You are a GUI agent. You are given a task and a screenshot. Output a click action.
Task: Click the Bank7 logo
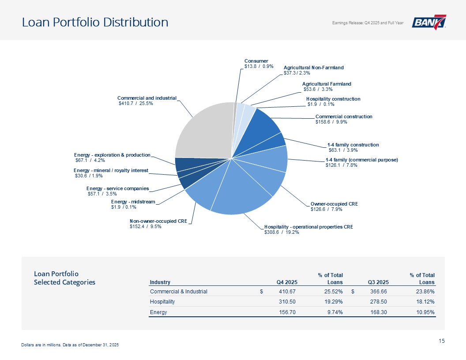(428, 22)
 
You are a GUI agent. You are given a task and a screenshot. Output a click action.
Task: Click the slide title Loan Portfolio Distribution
(95, 22)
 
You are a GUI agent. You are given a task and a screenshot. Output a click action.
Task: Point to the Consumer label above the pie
(256, 61)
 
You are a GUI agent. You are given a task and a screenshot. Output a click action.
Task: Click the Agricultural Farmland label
(327, 83)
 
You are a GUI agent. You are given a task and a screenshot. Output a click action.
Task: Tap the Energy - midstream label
(133, 202)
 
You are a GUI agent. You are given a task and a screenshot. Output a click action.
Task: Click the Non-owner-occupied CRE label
(158, 221)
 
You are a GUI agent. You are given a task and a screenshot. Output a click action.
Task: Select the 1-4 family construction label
(353, 144)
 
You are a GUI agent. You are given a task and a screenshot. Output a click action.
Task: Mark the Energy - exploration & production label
(112, 155)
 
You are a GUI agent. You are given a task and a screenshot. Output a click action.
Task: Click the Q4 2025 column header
(287, 282)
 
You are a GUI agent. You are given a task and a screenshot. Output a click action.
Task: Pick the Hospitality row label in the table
(162, 302)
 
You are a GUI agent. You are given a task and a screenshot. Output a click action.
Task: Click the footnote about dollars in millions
(70, 345)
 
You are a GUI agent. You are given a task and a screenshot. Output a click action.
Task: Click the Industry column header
(160, 282)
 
